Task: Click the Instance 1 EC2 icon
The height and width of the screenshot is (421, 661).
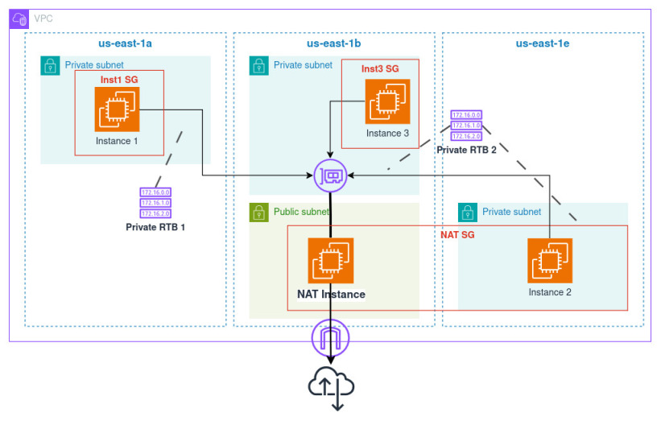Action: click(117, 109)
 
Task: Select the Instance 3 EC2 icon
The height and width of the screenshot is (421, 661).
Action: click(387, 101)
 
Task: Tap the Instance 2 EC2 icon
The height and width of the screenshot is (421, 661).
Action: click(550, 261)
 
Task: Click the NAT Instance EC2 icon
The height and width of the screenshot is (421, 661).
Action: click(330, 261)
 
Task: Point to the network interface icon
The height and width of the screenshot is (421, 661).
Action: click(331, 175)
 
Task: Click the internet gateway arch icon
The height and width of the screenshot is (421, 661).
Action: click(331, 338)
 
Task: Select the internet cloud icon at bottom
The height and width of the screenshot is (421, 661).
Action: click(331, 385)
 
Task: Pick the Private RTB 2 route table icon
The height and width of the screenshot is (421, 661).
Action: click(466, 126)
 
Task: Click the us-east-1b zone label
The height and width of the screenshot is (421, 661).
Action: click(334, 43)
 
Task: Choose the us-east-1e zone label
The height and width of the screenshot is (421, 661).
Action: click(543, 43)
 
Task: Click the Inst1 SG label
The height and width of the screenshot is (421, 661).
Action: click(119, 80)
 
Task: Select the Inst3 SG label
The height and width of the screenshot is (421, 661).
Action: click(380, 68)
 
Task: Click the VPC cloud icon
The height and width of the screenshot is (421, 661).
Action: click(19, 19)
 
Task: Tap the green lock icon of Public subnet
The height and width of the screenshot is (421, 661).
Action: click(258, 213)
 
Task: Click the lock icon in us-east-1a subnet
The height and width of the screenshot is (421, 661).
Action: click(50, 65)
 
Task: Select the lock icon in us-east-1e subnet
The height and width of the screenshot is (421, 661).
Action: click(468, 213)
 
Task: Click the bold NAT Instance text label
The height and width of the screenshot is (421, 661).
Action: click(325, 294)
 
